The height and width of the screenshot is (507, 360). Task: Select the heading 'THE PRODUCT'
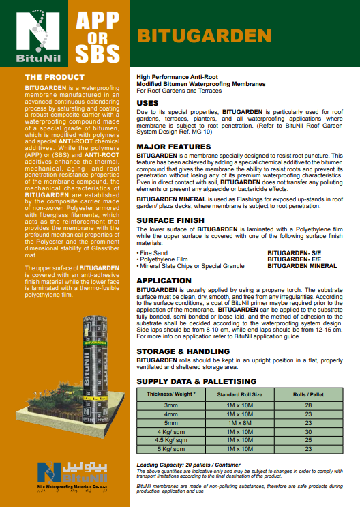55,77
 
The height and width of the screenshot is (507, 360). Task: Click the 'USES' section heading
148,102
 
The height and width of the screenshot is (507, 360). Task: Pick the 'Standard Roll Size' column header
235,394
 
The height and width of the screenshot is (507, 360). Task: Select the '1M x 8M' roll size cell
235,422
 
